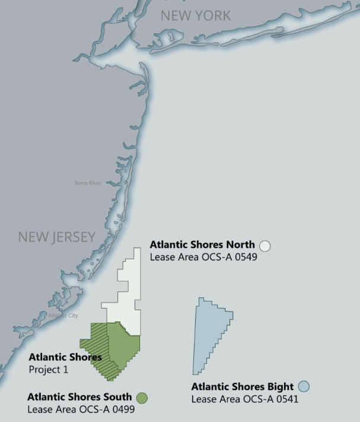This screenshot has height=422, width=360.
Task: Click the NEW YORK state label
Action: (196, 15)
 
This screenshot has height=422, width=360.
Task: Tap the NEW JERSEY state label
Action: (56, 237)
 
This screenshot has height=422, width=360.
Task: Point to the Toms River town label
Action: (88, 183)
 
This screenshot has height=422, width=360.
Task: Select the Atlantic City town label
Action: (63, 316)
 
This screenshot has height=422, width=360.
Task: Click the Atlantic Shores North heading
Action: (202, 245)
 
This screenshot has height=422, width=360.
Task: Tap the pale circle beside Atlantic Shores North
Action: (265, 245)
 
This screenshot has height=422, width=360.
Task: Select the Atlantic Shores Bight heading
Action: (242, 386)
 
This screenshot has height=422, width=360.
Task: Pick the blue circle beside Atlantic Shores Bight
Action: (304, 386)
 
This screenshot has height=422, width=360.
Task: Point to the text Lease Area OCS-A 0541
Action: (244, 399)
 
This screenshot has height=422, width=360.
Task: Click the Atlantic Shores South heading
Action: (79, 396)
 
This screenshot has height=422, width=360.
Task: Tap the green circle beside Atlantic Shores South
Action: (142, 397)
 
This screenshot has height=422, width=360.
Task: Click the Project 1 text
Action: (49, 369)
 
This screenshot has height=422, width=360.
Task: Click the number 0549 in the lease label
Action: (244, 257)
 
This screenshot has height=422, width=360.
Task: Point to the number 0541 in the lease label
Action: (285, 399)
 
